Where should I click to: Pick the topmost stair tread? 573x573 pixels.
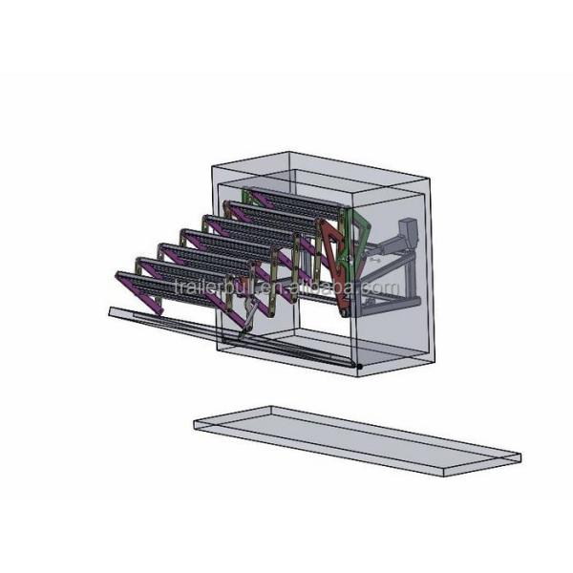[x=295, y=203]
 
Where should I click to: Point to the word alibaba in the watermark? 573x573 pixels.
[x=323, y=286]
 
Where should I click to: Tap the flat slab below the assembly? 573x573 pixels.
[x=357, y=440]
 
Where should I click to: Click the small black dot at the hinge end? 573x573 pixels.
[x=360, y=366]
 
